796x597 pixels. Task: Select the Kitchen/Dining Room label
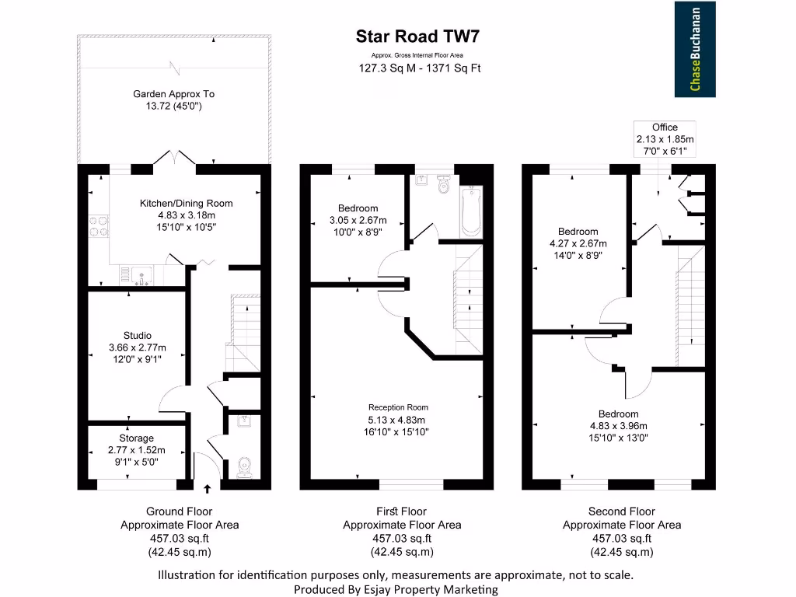[186, 204]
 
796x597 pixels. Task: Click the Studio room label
[137, 336]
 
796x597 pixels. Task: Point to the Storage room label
[136, 438]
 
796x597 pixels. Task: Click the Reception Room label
[398, 407]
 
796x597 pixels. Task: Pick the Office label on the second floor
[665, 127]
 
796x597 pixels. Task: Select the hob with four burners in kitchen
[99, 225]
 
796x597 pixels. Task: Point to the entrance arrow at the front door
[207, 489]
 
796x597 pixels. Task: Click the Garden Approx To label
[173, 94]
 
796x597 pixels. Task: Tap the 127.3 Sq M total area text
[381, 68]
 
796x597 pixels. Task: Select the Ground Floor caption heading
[179, 511]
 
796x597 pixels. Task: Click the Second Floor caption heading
[621, 511]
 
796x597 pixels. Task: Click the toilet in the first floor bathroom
[445, 186]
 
